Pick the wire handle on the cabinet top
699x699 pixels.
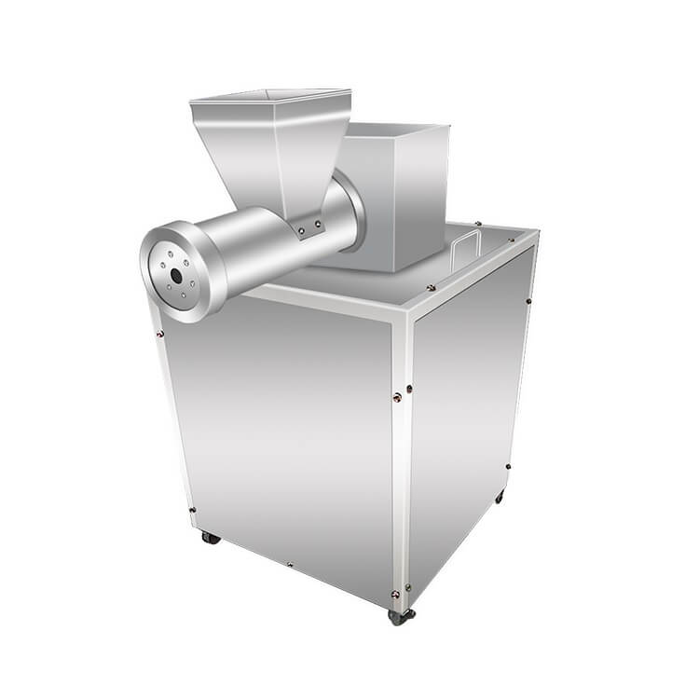coord(467,250)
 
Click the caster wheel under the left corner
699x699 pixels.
coord(212,538)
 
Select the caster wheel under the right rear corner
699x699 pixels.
coord(500,498)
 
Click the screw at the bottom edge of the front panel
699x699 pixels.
coord(290,564)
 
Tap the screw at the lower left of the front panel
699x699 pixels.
coord(192,510)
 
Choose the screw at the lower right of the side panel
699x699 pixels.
coord(507,466)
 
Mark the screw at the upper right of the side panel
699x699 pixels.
coord(528,300)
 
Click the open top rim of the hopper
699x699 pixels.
coord(270,96)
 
